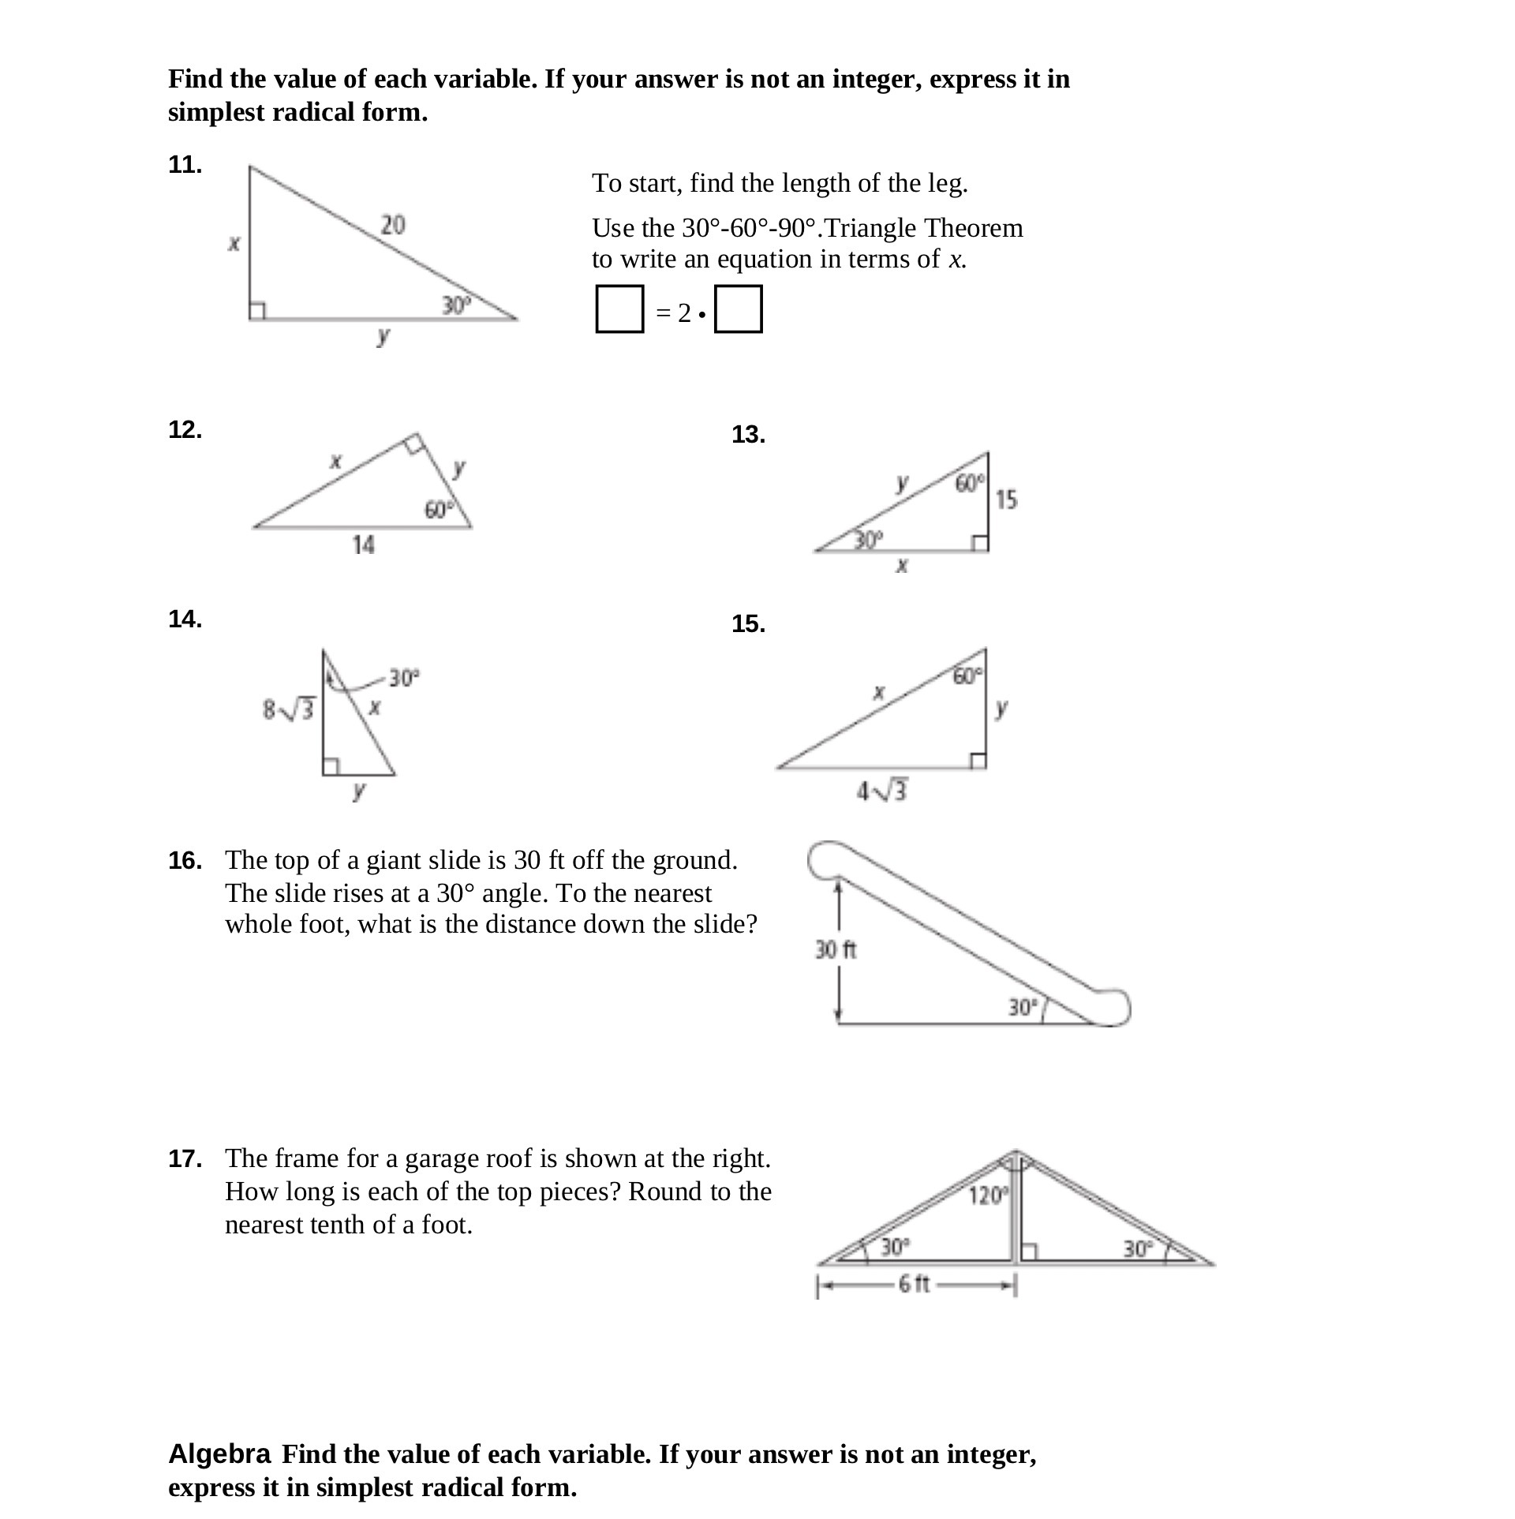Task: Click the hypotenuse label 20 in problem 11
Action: pos(393,225)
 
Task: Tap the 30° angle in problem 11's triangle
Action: pos(455,305)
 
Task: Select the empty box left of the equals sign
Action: pos(619,309)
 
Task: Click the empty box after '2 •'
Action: pos(738,309)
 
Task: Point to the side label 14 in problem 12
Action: pos(363,544)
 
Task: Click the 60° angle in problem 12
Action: pos(439,511)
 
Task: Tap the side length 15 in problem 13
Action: pos(1006,499)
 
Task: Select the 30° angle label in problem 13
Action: pos(868,540)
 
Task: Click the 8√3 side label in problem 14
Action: pos(288,709)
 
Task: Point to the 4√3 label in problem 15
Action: pos(883,791)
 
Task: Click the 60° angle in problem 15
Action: pos(967,676)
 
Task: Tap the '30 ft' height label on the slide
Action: pos(836,949)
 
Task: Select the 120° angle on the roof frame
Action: pos(988,1195)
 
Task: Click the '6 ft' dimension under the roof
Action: pos(915,1284)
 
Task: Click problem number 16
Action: pos(185,861)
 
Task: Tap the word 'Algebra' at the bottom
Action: pos(219,1454)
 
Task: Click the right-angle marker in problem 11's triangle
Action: pos(257,312)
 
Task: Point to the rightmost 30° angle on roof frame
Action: pos(1138,1248)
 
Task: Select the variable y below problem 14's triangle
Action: pos(359,790)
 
